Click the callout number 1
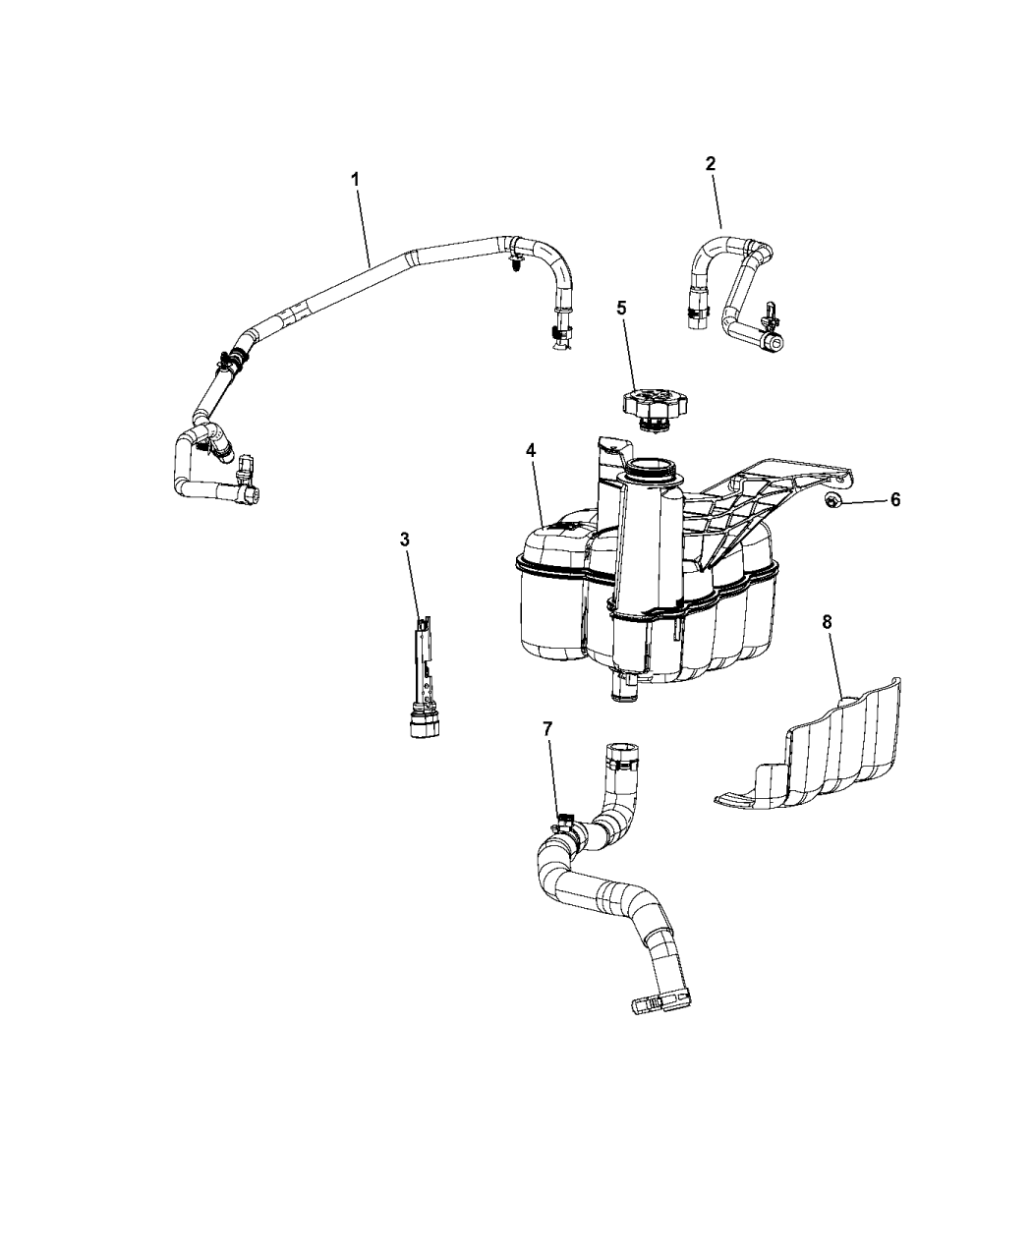[355, 179]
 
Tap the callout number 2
[711, 163]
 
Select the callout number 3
[404, 539]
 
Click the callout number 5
[620, 307]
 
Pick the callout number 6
[894, 500]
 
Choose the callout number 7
[547, 728]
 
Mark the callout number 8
[827, 621]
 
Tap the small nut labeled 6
[831, 501]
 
